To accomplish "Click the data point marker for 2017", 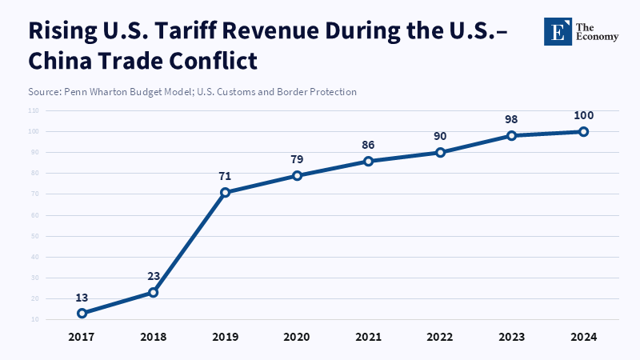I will pyautogui.click(x=82, y=313).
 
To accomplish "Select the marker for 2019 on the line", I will pyautogui.click(x=225, y=192).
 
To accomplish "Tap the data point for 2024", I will pyautogui.click(x=584, y=131).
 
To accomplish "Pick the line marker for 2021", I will pyautogui.click(x=369, y=161).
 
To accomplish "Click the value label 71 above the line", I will pyautogui.click(x=225, y=174).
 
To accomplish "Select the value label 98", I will pyautogui.click(x=512, y=119).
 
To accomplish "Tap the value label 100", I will pyautogui.click(x=584, y=115).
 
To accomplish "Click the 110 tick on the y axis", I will pyautogui.click(x=33, y=110).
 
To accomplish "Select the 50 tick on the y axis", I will pyautogui.click(x=34, y=236).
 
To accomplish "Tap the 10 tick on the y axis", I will pyautogui.click(x=34, y=319).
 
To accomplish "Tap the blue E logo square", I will pyautogui.click(x=557, y=31).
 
